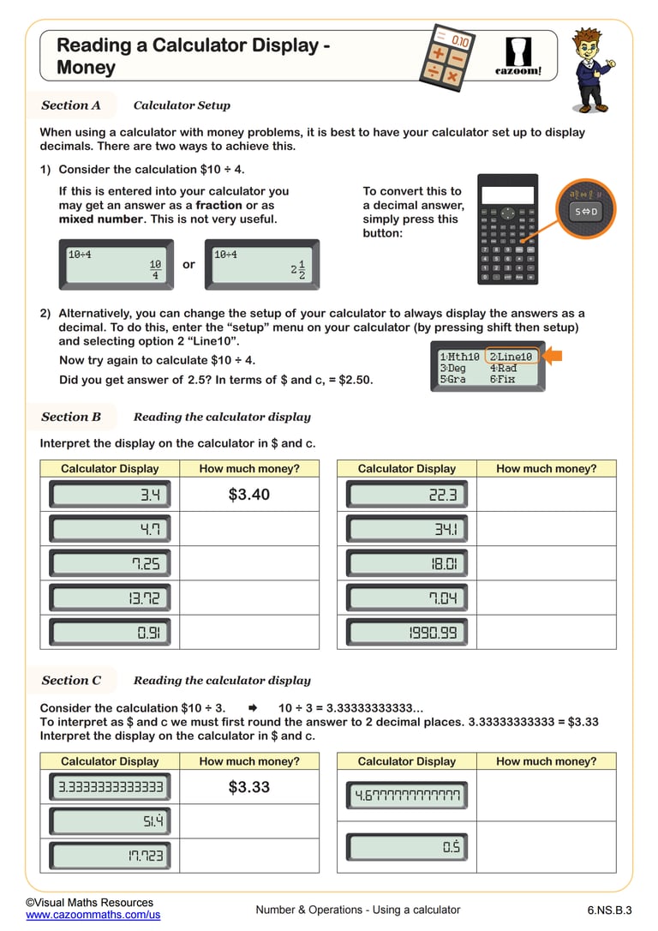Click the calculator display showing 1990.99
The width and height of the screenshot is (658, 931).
[x=407, y=633]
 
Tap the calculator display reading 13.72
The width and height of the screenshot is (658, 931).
[x=110, y=598]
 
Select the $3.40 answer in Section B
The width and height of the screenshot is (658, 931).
[x=249, y=495]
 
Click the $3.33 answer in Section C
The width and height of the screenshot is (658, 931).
[x=249, y=787]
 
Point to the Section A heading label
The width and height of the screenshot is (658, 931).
[x=71, y=105]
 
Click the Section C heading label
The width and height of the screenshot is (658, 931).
[x=71, y=681]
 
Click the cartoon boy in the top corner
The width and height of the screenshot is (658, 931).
[x=593, y=69]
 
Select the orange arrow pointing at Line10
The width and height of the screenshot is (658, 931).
[x=553, y=356]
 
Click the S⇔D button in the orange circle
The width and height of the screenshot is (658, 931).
[x=587, y=211]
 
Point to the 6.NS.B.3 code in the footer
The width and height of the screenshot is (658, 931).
[x=609, y=910]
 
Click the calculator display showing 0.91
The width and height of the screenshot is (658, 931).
[x=110, y=633]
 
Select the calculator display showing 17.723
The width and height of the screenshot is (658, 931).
[x=110, y=856]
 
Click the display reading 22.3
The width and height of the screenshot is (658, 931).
[x=407, y=495]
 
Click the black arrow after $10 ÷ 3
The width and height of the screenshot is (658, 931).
[x=252, y=708]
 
